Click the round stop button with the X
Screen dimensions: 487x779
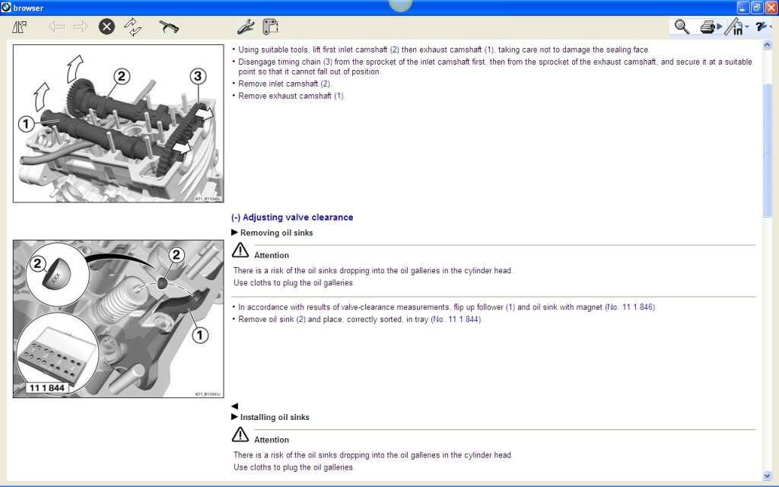coord(107,27)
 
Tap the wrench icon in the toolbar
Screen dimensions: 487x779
coord(245,27)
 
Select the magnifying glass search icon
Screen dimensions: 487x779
coord(682,27)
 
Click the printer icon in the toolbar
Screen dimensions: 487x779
coord(707,27)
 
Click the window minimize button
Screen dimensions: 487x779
coord(742,8)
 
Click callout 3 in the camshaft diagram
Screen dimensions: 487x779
coord(198,75)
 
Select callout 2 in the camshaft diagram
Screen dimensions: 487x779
coord(121,75)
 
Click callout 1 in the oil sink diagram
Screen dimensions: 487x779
coord(200,334)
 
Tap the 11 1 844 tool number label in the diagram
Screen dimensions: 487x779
coord(47,388)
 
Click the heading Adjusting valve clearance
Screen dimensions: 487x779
coord(292,218)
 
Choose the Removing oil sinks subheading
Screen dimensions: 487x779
coord(276,233)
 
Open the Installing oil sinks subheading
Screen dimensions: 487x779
coord(275,417)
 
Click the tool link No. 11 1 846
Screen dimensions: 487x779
coord(630,307)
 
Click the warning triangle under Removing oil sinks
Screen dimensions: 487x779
coord(240,250)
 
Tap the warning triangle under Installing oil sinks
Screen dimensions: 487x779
coord(240,434)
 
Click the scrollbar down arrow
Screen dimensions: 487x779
coord(767,475)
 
